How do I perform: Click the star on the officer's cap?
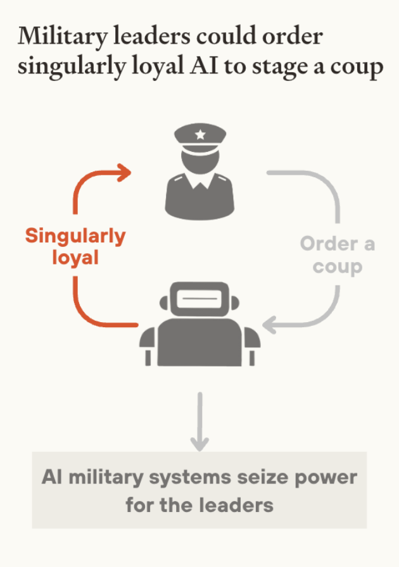200,134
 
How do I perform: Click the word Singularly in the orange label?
75,237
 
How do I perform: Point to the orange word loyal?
75,259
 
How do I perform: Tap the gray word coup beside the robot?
338,266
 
